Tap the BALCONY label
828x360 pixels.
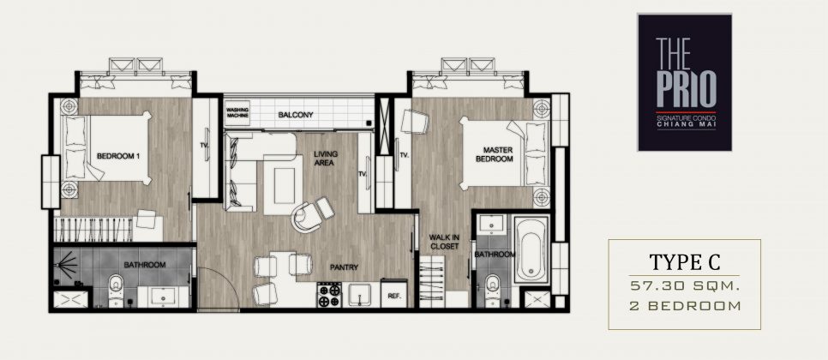[x=296, y=115]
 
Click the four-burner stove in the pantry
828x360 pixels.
[x=329, y=295]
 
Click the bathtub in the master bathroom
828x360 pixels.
[x=531, y=249]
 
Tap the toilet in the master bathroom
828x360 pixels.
[x=493, y=290]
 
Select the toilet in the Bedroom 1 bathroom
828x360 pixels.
[x=116, y=291]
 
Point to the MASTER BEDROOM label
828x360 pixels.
[x=495, y=154]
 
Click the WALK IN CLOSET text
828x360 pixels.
[x=444, y=242]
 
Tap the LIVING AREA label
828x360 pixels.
[x=326, y=159]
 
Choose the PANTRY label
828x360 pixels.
[x=345, y=267]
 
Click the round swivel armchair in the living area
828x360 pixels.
[x=308, y=217]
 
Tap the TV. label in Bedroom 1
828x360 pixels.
[x=203, y=144]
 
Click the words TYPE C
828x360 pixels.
[x=684, y=261]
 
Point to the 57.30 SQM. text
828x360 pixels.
[x=684, y=285]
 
